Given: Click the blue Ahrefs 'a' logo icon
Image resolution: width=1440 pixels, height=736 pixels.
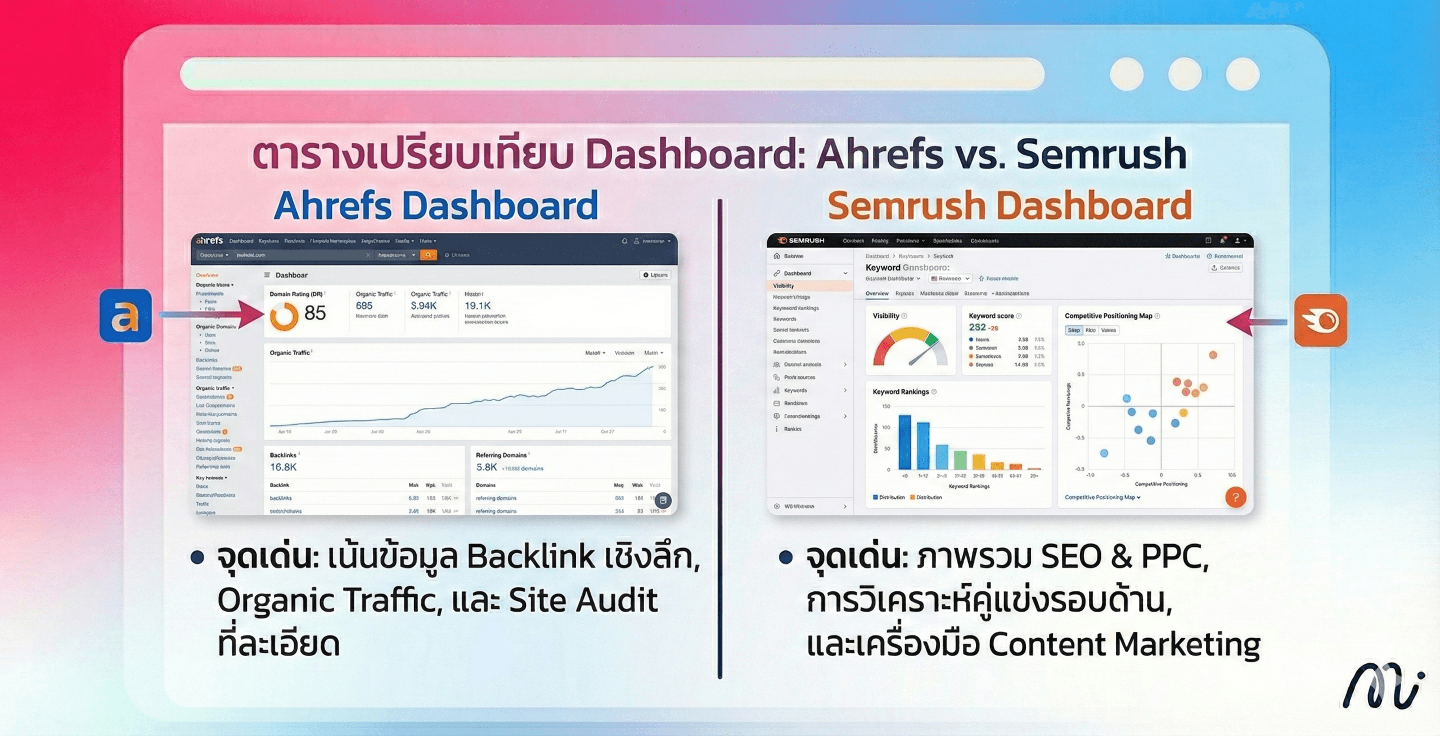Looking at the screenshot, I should (x=125, y=316).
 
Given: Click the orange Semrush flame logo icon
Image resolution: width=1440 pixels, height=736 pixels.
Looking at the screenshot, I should (x=1320, y=320).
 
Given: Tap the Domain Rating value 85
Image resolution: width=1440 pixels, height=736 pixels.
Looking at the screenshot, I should (x=315, y=313).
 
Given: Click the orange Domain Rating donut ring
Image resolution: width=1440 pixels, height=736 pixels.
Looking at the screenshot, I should (x=284, y=316).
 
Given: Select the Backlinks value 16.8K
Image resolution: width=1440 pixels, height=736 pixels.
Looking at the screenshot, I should (x=283, y=467).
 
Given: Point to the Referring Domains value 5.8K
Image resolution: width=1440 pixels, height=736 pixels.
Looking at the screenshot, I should (x=487, y=467).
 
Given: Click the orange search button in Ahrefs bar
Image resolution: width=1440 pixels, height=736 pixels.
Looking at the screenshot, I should (x=428, y=255).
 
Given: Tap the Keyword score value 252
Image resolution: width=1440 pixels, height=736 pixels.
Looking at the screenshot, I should (x=977, y=327).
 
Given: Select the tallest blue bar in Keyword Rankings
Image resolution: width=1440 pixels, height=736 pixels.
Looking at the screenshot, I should (x=904, y=442).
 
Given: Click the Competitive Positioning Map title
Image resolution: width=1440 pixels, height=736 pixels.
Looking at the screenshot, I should (x=1108, y=316).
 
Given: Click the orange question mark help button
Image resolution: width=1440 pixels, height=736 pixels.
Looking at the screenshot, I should (x=1235, y=497).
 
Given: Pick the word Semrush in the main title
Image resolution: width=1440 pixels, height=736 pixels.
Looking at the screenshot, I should (x=1101, y=154).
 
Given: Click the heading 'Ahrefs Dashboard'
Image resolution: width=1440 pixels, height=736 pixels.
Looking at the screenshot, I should (x=436, y=205).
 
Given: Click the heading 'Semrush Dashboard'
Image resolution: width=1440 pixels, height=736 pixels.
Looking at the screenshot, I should (x=1009, y=205).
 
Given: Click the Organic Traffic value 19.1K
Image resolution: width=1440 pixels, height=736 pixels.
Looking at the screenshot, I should (x=478, y=306).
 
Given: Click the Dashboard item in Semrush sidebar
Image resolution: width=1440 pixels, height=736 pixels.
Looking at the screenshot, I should (x=798, y=273).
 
